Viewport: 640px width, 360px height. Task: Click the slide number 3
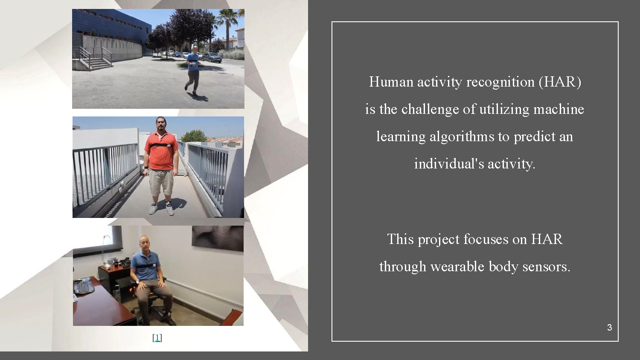click(x=609, y=328)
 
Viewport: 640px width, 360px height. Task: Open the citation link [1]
click(x=157, y=338)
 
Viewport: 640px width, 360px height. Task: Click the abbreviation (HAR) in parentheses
click(x=560, y=82)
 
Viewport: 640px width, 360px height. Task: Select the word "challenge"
click(x=431, y=109)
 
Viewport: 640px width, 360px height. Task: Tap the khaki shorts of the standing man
click(x=161, y=182)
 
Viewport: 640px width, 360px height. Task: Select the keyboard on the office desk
click(x=84, y=286)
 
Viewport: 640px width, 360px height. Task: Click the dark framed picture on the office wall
click(x=218, y=238)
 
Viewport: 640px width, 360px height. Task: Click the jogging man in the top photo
click(x=193, y=68)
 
